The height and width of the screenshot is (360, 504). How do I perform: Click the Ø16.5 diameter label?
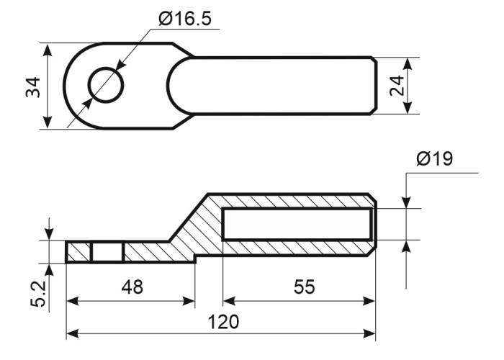tap(185, 18)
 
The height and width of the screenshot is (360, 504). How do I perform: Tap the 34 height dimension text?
tap(33, 87)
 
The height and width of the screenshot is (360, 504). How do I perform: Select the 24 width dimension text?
tap(397, 86)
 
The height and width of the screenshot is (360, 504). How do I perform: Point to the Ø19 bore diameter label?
tap(435, 158)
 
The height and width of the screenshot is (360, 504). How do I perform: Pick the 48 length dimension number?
tap(132, 287)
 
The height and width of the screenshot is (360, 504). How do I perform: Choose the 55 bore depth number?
tap(305, 287)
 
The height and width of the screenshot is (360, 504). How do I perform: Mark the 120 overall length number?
tap(223, 322)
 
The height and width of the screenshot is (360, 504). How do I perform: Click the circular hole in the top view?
tap(106, 85)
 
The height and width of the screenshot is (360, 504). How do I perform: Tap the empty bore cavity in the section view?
tap(297, 225)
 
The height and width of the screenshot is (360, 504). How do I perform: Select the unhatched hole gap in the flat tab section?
tap(108, 252)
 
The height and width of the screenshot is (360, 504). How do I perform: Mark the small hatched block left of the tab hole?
tap(78, 252)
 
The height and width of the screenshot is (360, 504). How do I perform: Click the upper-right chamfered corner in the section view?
tap(372, 198)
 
